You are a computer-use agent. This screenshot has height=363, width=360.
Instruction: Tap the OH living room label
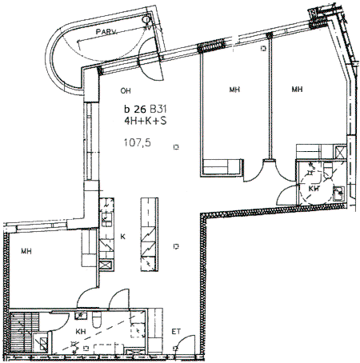click(126, 91)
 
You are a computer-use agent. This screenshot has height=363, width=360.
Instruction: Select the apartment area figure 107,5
click(138, 143)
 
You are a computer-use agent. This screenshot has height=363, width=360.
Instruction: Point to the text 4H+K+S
click(146, 121)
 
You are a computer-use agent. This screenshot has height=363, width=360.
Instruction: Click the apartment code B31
click(158, 109)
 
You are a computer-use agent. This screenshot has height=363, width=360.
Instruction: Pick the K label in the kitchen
click(122, 237)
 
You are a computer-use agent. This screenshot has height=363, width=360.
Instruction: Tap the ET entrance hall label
click(176, 332)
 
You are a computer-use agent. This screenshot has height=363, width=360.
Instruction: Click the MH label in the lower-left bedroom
click(26, 251)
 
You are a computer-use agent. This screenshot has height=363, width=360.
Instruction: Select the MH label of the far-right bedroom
click(297, 89)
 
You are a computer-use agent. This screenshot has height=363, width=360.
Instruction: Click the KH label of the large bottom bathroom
click(81, 332)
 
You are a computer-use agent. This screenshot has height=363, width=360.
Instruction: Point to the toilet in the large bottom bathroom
click(96, 321)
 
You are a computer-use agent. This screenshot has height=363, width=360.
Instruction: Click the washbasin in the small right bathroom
click(339, 193)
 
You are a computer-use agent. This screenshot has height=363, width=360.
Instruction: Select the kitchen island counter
click(150, 234)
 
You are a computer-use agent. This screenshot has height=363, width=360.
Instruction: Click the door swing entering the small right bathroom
click(287, 195)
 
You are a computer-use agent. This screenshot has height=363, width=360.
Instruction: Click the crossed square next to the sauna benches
click(41, 343)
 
